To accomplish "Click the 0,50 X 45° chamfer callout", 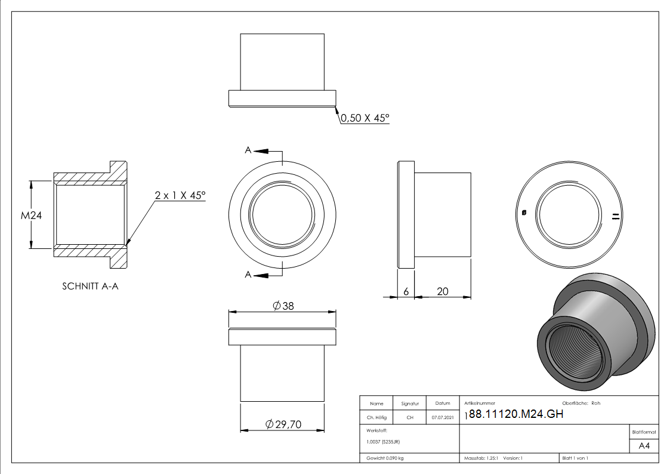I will pyautogui.click(x=365, y=118).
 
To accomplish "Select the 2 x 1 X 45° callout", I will pyautogui.click(x=180, y=195).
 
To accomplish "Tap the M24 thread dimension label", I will pyautogui.click(x=30, y=215).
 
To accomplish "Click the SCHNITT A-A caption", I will pyautogui.click(x=90, y=286).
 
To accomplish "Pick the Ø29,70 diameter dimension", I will pyautogui.click(x=283, y=424).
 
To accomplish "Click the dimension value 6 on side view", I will pyautogui.click(x=406, y=291).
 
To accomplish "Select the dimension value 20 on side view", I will pyautogui.click(x=443, y=291).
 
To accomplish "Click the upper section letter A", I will pyautogui.click(x=248, y=151).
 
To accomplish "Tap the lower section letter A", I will pyautogui.click(x=248, y=275).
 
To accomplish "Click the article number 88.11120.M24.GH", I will pyautogui.click(x=516, y=415).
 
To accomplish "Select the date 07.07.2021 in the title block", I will pyautogui.click(x=442, y=418).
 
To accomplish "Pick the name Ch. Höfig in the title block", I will pyautogui.click(x=376, y=418).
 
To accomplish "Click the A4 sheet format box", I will pyautogui.click(x=644, y=446).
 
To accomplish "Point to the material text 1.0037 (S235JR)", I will pyautogui.click(x=383, y=442).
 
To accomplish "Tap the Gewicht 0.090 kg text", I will pyautogui.click(x=385, y=458).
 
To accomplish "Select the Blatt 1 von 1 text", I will pyautogui.click(x=575, y=458).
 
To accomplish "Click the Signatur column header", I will pyautogui.click(x=410, y=404).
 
